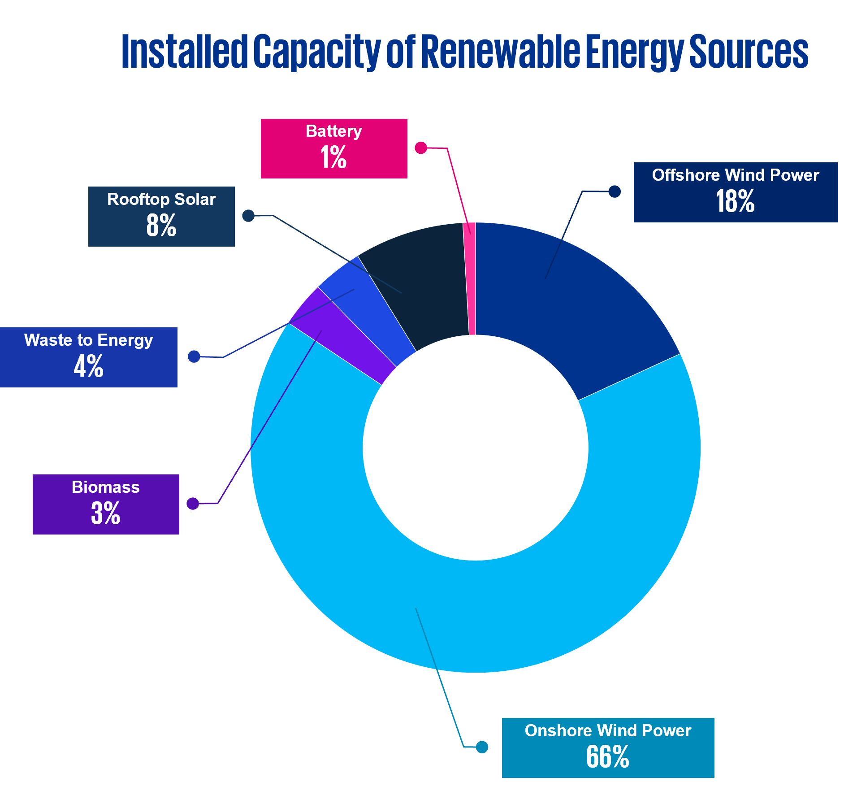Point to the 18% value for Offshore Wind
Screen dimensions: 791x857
pyautogui.click(x=735, y=201)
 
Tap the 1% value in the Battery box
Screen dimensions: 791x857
pyautogui.click(x=333, y=157)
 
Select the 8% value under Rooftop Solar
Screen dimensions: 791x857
pyautogui.click(x=161, y=225)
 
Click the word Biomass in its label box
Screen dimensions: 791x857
pyautogui.click(x=105, y=487)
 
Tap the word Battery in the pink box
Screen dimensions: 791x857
pyautogui.click(x=333, y=131)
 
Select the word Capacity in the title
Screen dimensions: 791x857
pyautogui.click(x=316, y=52)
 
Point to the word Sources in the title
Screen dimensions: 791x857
pyautogui.click(x=748, y=52)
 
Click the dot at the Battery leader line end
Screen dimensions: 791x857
pyautogui.click(x=420, y=148)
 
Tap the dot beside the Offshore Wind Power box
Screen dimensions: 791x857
pyautogui.click(x=615, y=191)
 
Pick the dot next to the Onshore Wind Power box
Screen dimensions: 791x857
pyautogui.click(x=482, y=747)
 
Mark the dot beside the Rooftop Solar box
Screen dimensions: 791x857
pyautogui.click(x=248, y=216)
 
